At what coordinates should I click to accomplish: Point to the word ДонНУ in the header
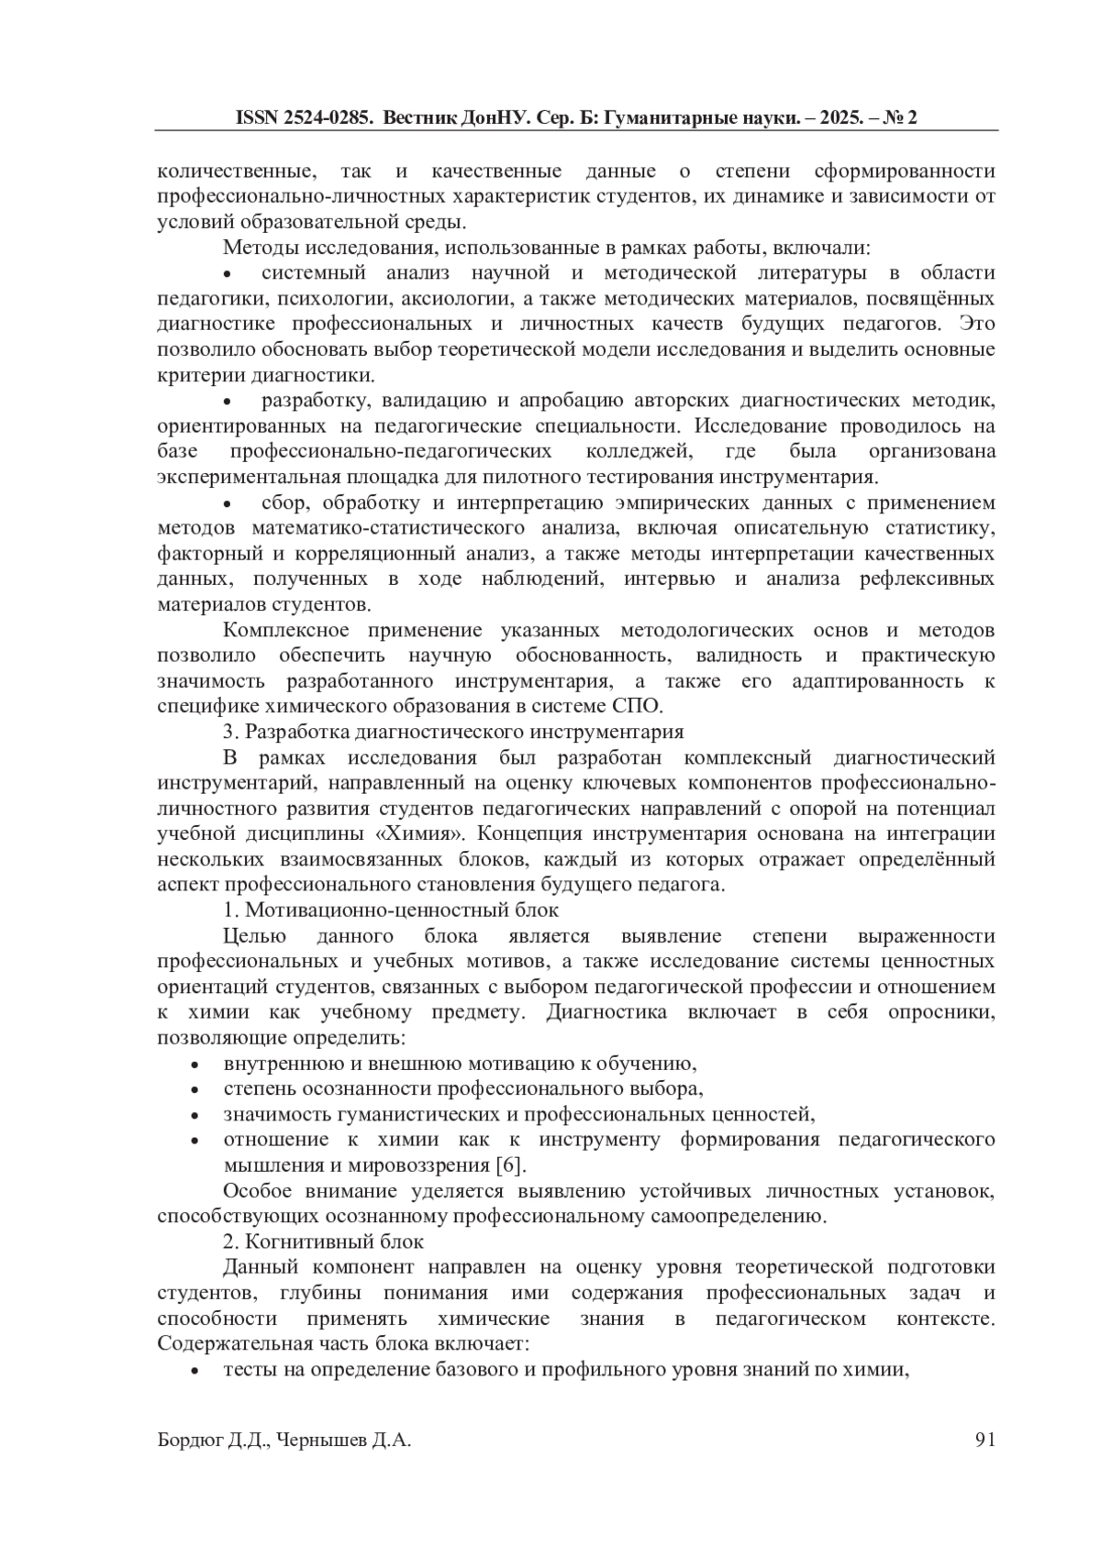tap(481, 118)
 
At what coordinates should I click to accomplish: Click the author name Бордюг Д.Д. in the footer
tap(213, 1440)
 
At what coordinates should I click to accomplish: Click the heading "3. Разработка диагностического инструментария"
tap(453, 732)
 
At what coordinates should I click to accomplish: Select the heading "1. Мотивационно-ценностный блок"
tap(391, 910)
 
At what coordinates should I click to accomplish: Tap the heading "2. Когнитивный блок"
tap(323, 1241)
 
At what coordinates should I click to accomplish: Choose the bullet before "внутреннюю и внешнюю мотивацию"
tap(195, 1065)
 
